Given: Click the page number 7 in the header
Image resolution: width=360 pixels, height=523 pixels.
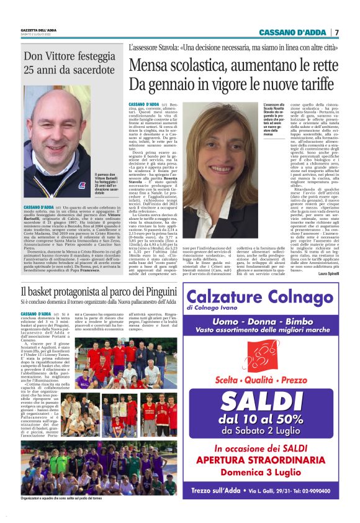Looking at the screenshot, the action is coord(337,32).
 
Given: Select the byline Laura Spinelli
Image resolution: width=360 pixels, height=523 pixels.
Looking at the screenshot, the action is coord(328,273).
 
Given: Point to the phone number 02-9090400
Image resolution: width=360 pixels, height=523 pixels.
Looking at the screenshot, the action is coord(317,491).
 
